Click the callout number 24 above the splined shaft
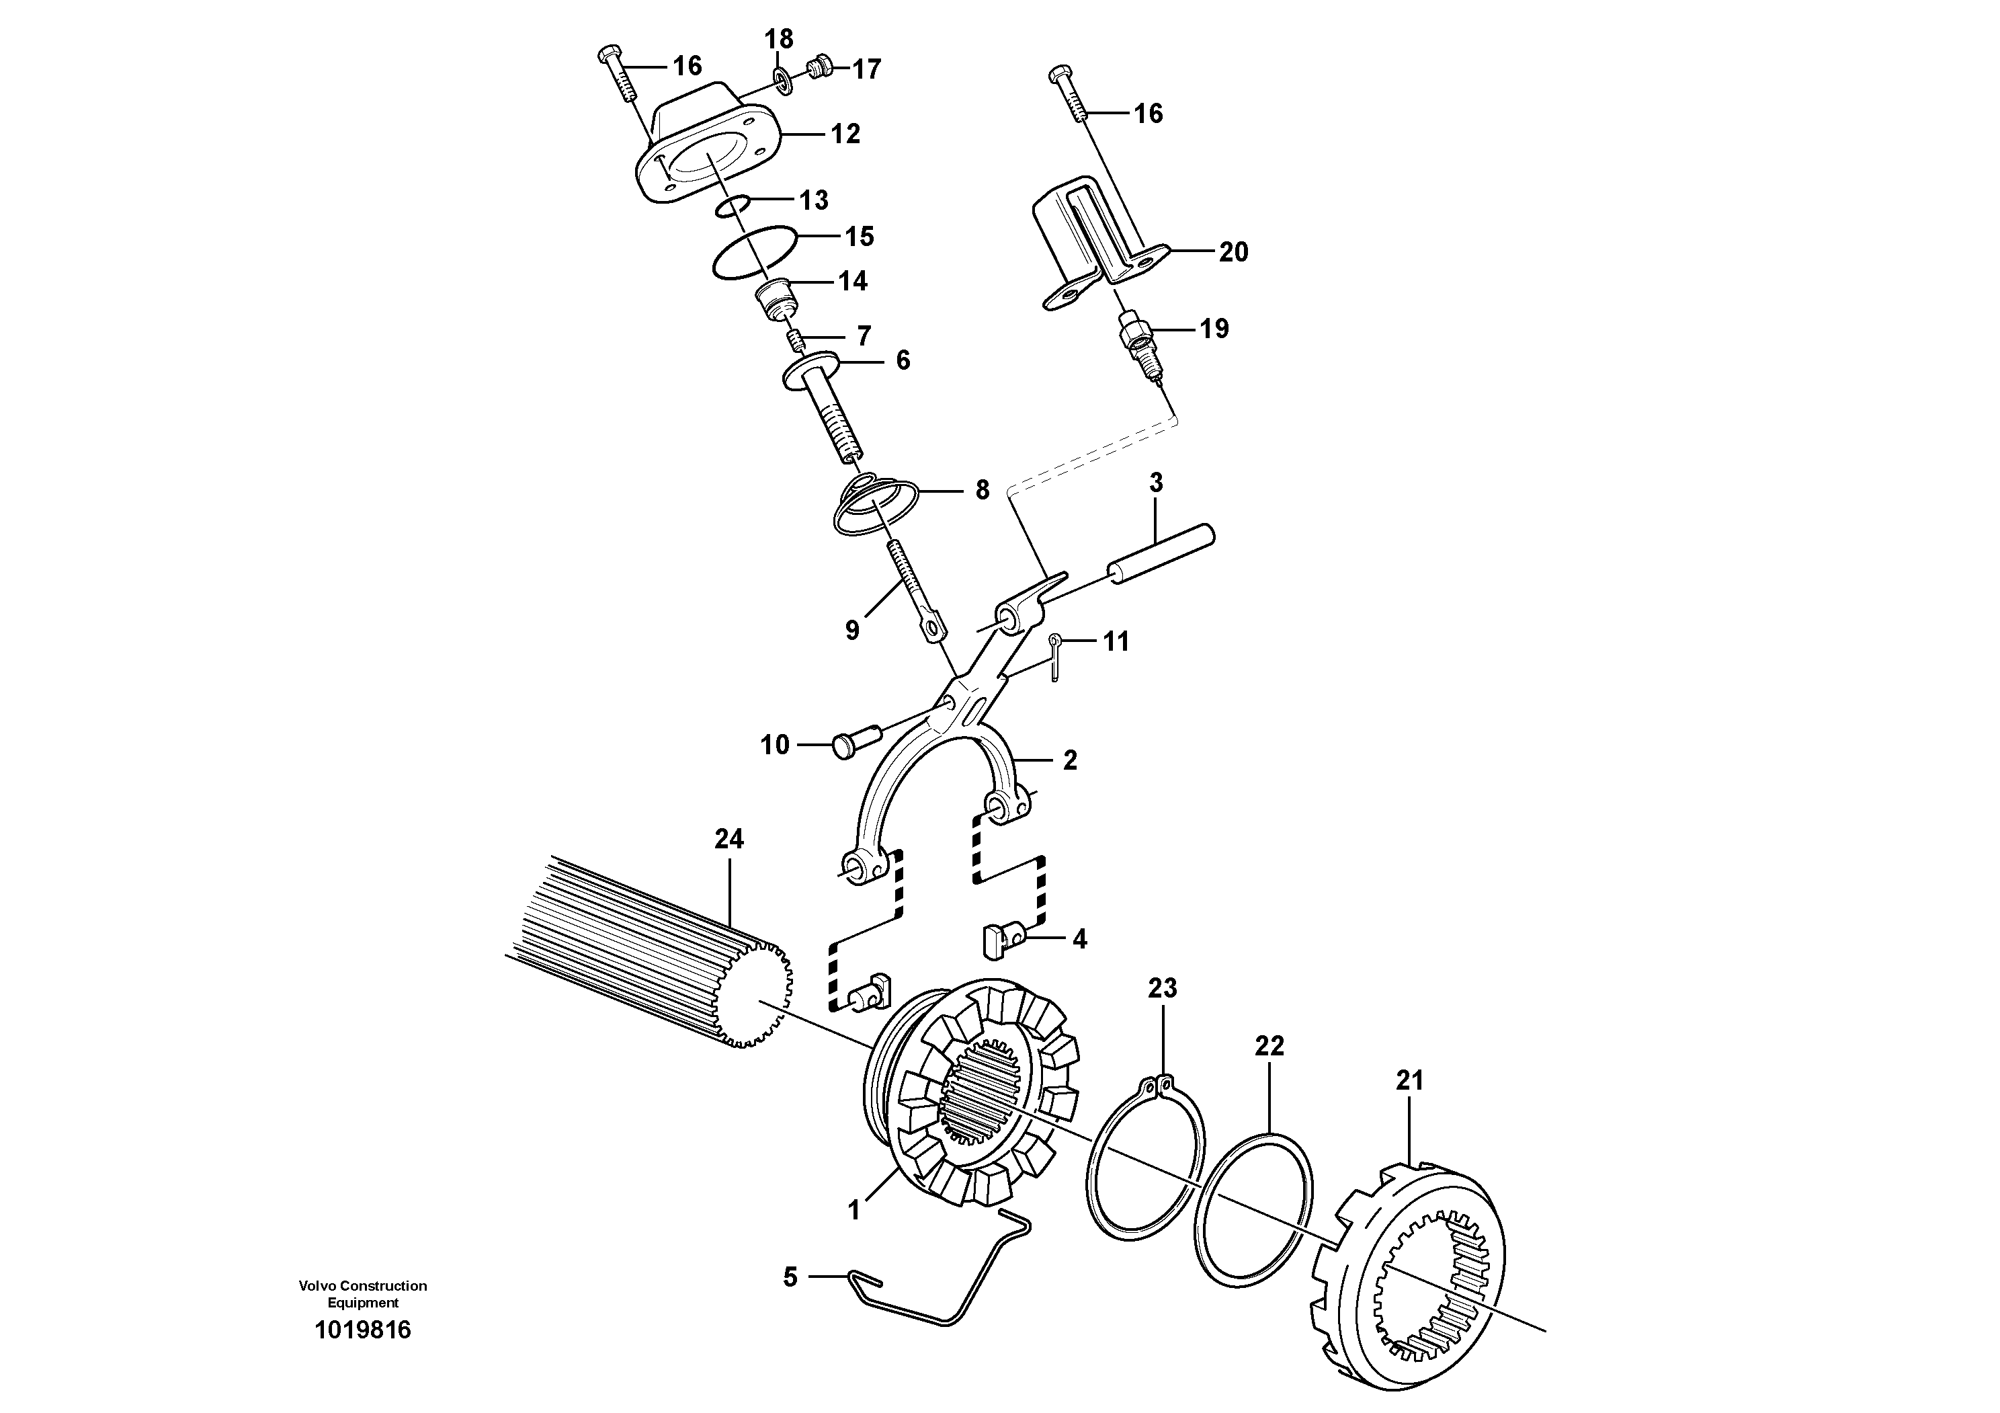click(728, 839)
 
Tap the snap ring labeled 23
click(1147, 1161)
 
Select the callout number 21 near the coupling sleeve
click(1409, 1081)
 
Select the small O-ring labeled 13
click(733, 206)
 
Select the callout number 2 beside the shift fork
click(1070, 760)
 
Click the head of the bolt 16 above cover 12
click(609, 56)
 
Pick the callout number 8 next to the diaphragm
click(982, 491)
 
